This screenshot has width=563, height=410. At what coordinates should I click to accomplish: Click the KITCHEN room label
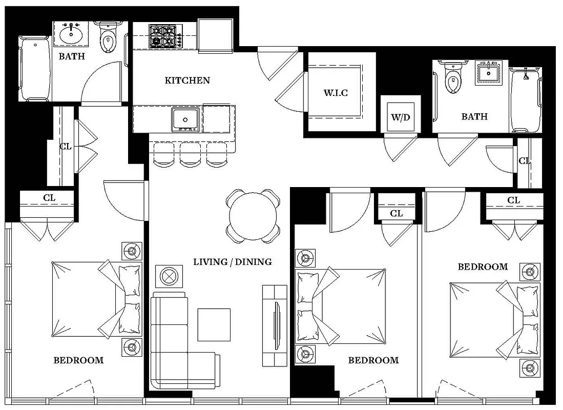187,80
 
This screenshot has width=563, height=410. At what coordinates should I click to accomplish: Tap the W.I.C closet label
336,93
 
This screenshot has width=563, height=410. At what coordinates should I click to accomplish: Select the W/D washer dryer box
401,116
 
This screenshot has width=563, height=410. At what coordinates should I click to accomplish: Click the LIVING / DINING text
232,262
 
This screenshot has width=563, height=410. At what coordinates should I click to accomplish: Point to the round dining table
253,216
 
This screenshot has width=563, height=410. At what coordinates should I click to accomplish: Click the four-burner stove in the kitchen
163,36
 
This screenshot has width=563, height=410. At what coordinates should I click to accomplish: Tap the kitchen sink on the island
185,120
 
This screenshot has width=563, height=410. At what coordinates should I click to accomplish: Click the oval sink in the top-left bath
71,35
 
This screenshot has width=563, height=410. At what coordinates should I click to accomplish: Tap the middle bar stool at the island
190,154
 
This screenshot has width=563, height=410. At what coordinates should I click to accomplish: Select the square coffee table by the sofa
214,324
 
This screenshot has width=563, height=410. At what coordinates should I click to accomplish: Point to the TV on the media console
277,325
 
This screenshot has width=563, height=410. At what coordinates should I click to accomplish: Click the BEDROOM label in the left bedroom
78,360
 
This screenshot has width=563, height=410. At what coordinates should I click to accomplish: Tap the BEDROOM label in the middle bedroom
373,360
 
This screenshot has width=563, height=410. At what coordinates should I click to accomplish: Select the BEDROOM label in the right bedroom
483,266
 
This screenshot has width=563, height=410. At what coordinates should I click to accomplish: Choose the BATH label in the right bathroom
474,117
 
